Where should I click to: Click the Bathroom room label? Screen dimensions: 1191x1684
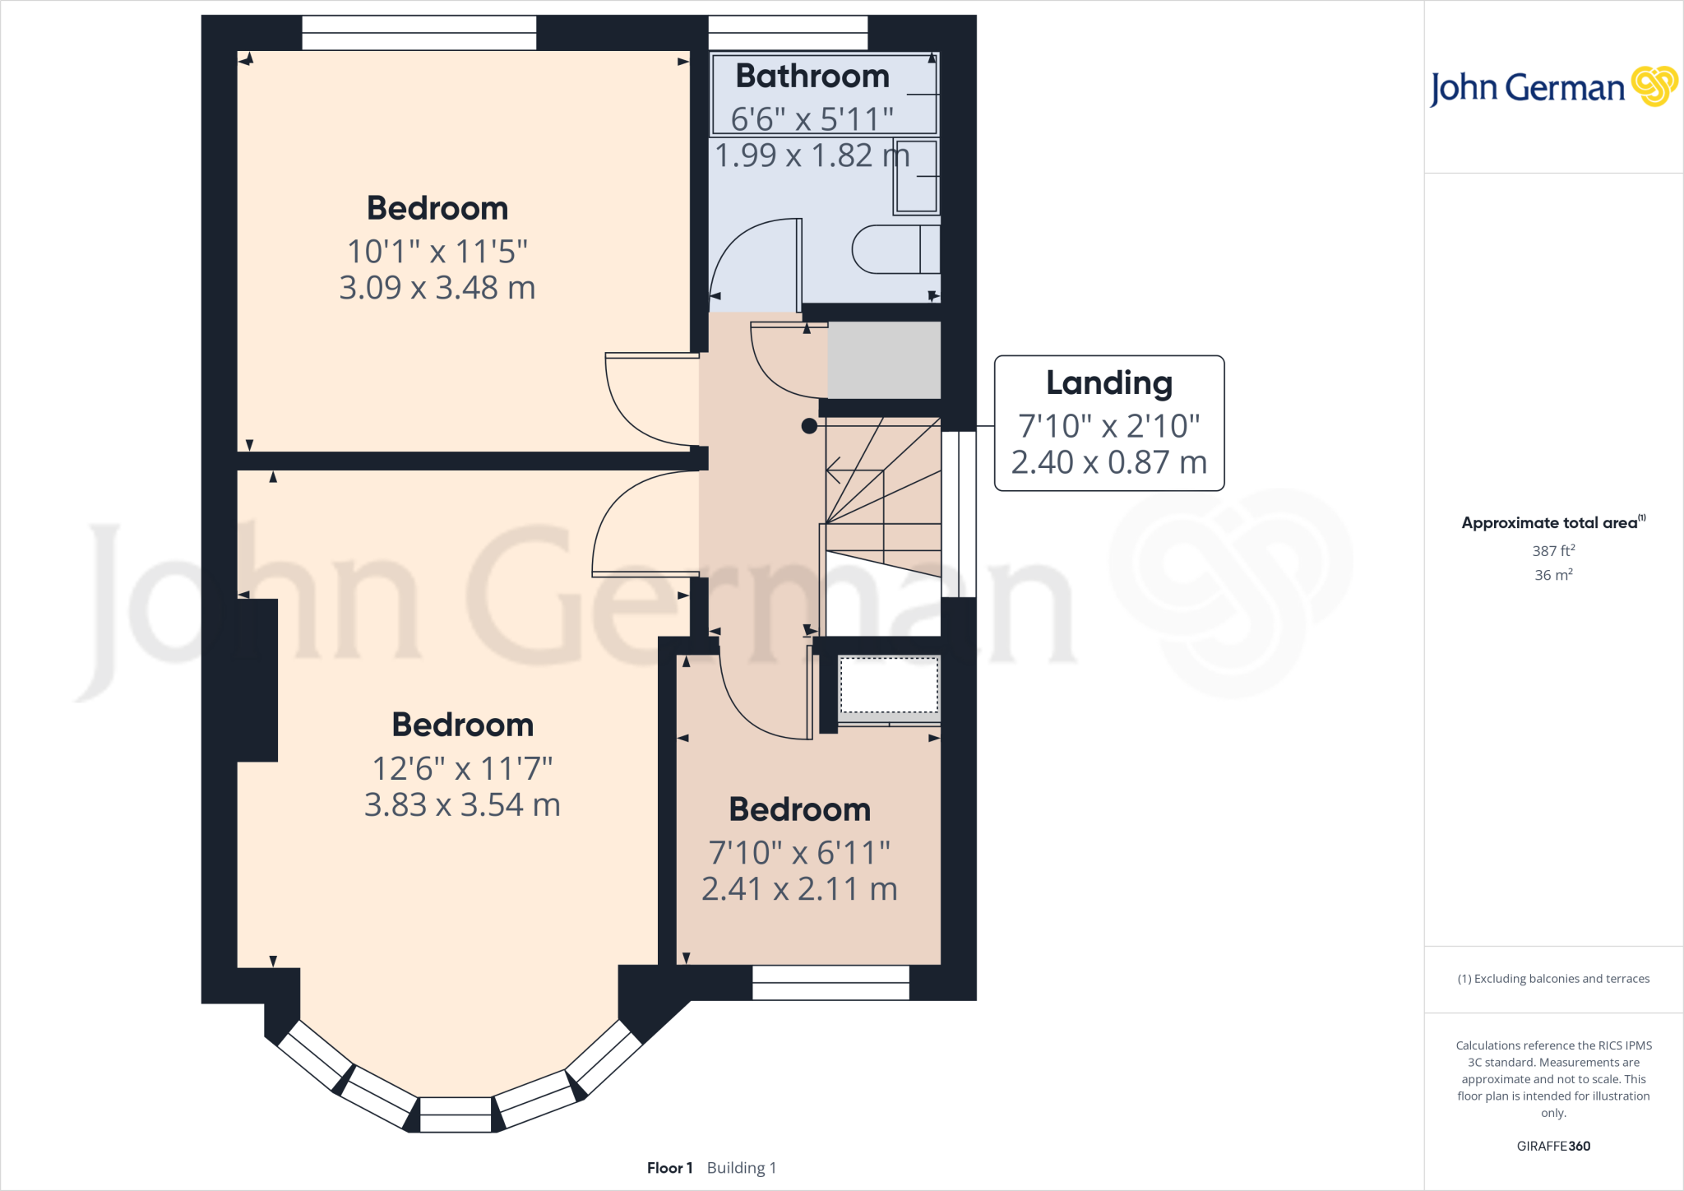pos(812,76)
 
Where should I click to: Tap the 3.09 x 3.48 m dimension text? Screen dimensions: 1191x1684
pos(437,288)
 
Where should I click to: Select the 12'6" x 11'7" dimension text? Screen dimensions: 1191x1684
pos(462,768)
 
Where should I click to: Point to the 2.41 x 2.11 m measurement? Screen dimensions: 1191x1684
pos(799,889)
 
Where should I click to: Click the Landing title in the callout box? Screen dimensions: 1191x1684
pos(1108,383)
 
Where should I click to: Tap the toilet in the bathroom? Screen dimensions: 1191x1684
pos(892,249)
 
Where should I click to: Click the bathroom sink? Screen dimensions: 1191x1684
pos(916,176)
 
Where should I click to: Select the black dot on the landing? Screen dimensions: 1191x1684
pos(809,426)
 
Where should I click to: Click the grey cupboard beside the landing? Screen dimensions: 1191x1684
pos(884,359)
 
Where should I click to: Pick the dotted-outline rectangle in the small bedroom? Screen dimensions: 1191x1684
pos(889,685)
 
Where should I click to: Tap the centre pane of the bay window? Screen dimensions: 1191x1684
pos(456,1115)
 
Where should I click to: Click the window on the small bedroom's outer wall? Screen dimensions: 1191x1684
pos(830,982)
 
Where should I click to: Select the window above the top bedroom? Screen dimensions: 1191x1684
pos(419,33)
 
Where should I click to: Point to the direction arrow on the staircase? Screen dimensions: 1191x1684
pos(834,471)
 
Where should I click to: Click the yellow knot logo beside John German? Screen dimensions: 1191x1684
pos(1654,86)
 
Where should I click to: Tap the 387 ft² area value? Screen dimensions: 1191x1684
pos(1552,551)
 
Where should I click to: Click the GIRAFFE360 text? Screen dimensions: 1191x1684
pos(1552,1146)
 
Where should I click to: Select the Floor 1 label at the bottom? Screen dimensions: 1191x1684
pos(669,1168)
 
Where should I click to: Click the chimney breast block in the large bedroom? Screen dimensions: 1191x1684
pos(257,679)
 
